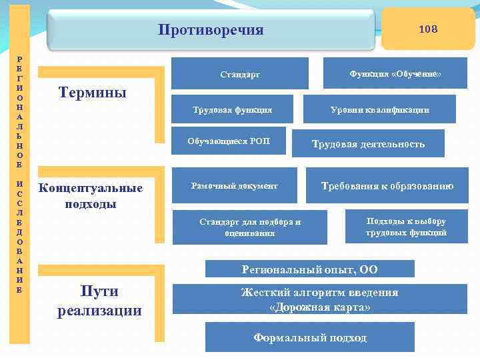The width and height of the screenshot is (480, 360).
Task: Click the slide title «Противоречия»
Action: click(211, 30)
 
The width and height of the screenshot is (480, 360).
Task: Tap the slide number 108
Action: click(427, 29)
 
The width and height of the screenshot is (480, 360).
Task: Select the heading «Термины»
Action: click(93, 92)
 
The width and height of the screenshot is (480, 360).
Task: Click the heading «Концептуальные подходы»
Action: click(91, 196)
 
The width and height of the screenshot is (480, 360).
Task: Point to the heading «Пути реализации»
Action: click(99, 301)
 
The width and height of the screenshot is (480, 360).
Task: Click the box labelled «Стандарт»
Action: click(240, 74)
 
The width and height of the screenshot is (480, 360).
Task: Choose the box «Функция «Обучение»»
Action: click(395, 73)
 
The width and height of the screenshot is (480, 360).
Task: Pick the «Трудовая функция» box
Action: click(233, 109)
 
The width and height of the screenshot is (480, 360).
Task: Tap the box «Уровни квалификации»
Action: click(380, 109)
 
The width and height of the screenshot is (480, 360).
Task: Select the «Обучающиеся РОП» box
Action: click(229, 141)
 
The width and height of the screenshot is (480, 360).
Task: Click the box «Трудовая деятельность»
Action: click(368, 144)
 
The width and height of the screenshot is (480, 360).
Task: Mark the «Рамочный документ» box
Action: click(234, 186)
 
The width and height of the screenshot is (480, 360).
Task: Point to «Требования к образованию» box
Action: click(387, 186)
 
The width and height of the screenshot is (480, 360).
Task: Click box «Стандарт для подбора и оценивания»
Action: click(250, 227)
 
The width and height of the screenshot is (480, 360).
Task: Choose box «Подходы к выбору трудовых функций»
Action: click(406, 227)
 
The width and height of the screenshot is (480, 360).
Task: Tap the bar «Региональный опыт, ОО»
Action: click(309, 269)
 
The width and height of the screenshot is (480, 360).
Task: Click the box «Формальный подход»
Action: click(309, 338)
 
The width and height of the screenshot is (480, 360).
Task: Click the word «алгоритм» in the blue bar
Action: click(313, 293)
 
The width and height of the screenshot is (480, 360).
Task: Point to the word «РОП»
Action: click(262, 141)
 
